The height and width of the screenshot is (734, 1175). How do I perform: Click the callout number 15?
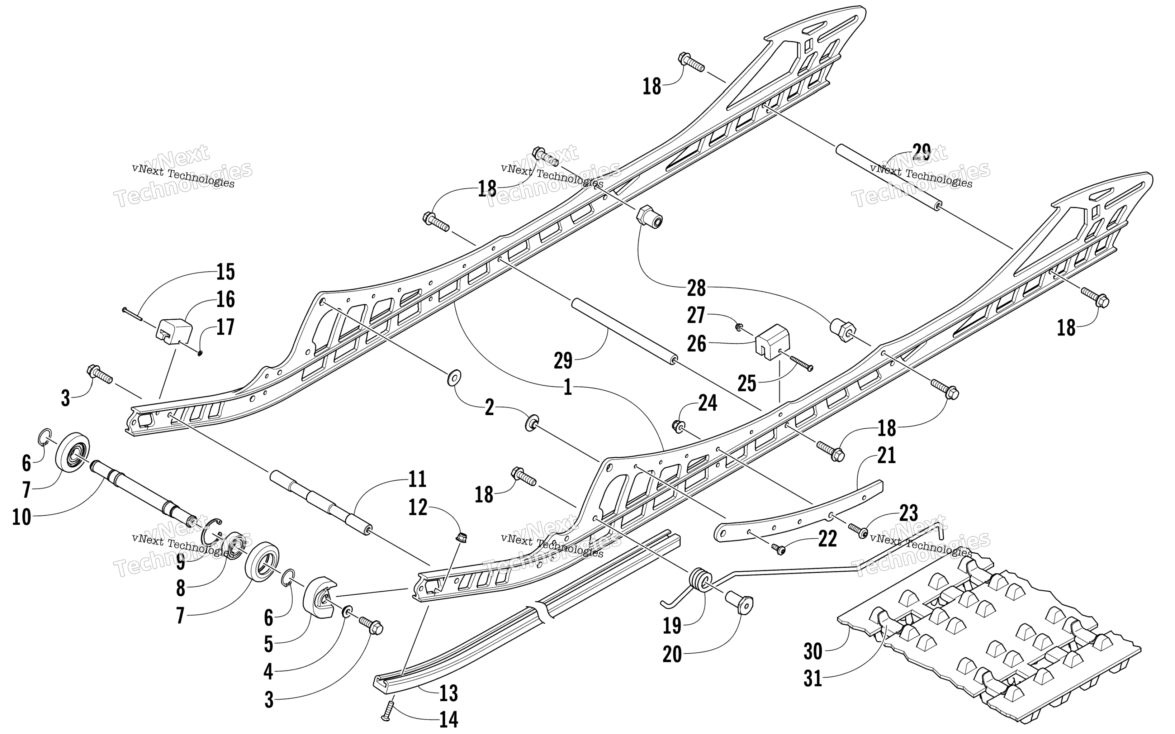click(225, 272)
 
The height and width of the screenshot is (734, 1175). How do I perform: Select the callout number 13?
click(448, 693)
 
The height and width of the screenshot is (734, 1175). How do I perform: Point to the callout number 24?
click(707, 403)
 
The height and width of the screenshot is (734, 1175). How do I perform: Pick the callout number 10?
click(22, 518)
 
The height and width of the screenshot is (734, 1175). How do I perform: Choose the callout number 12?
click(418, 507)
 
